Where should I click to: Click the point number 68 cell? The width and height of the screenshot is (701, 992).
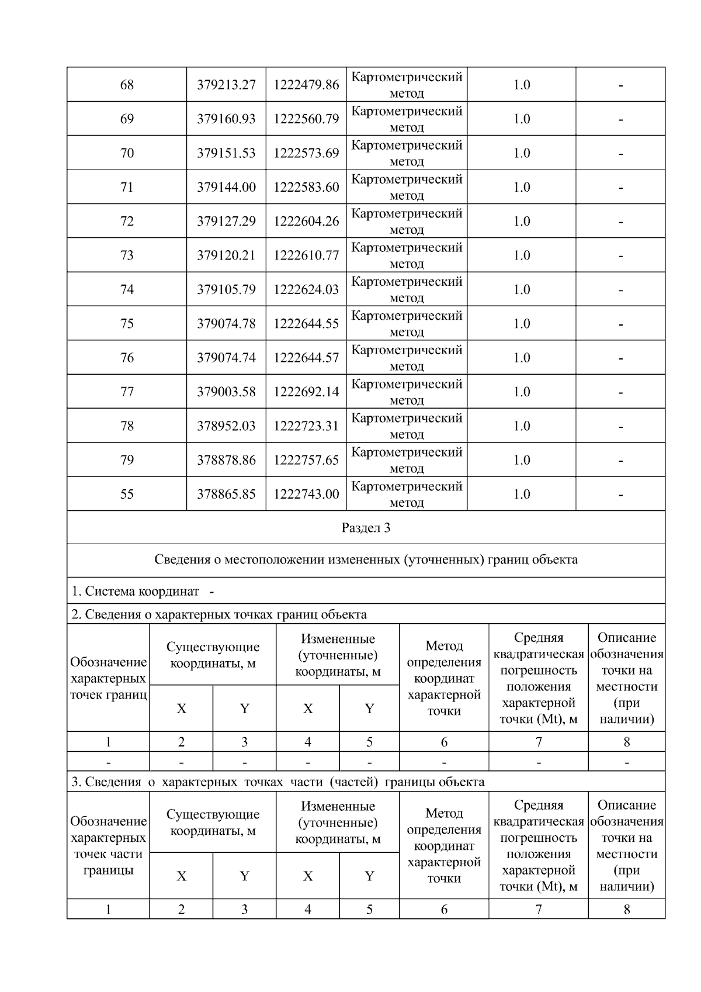point(127,85)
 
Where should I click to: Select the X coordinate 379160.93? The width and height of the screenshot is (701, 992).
point(226,119)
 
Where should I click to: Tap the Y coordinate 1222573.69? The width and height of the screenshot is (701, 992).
point(306,153)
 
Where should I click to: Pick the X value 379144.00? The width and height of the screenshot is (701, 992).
point(226,187)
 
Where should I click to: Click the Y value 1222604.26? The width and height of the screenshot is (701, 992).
point(306,222)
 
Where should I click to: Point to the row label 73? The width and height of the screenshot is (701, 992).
point(127,255)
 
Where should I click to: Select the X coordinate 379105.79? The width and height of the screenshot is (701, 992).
point(226,290)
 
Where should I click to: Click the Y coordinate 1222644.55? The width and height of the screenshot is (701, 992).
point(306,324)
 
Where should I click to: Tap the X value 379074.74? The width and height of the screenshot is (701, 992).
point(226,358)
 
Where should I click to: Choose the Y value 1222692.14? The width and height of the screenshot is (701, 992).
point(306,392)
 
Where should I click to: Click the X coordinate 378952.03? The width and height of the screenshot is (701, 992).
point(226,426)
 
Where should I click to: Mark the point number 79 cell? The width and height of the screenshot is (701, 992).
point(127,460)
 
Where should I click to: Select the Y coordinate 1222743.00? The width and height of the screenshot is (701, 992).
point(306,495)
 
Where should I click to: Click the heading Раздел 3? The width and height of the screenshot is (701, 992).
point(366,528)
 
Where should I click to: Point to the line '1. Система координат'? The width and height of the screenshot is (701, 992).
point(136,592)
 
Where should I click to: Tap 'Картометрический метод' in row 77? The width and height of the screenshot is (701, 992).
point(407,392)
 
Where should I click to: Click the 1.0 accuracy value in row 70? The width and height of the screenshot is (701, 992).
point(521,153)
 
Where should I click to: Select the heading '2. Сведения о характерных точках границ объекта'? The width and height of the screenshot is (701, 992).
point(219,614)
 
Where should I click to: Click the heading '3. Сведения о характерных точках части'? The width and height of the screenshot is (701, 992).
point(277,782)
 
